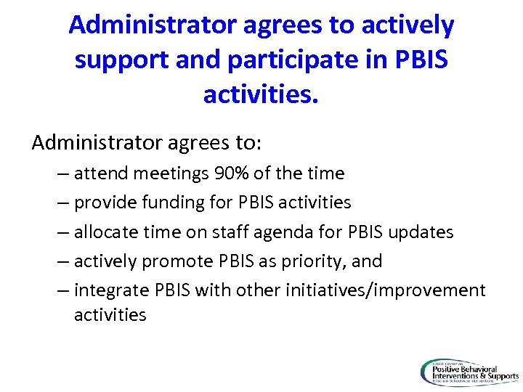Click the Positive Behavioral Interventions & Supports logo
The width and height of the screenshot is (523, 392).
click(469, 372)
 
